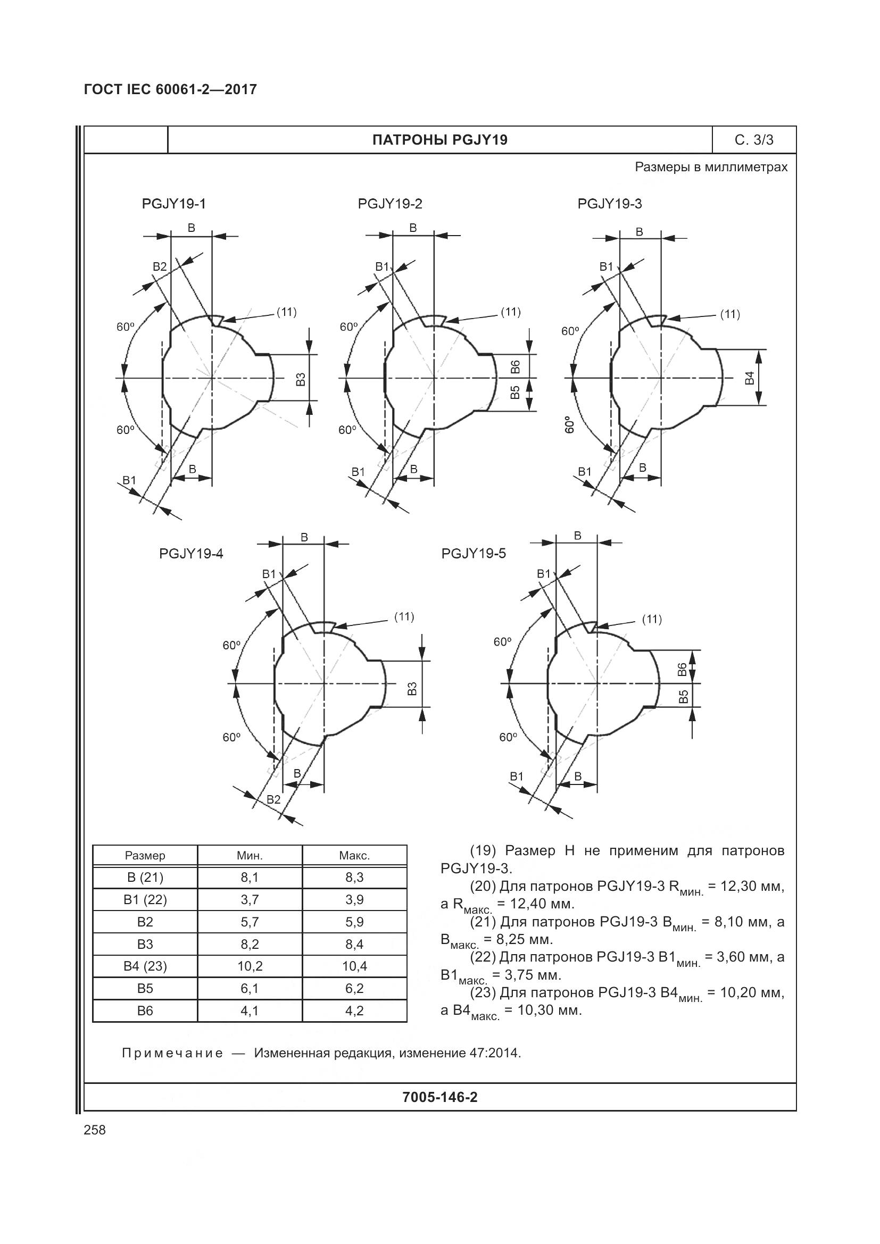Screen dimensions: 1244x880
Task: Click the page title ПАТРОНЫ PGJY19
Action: coord(439,140)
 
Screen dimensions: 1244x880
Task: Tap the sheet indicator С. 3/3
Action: coord(754,140)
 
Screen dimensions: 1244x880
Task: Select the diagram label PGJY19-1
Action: coord(173,204)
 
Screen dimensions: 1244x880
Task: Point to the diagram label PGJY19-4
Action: coord(191,554)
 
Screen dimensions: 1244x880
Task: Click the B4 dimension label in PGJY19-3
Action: coord(750,378)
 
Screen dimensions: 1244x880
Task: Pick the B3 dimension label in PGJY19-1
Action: coord(301,379)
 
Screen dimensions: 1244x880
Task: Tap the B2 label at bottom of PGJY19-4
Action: coord(273,799)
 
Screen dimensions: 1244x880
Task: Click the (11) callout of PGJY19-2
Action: coord(510,312)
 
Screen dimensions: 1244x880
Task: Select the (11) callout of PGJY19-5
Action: coord(651,619)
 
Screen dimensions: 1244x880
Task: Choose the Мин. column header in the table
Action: coord(250,856)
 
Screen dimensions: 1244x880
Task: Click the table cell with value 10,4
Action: coord(354,966)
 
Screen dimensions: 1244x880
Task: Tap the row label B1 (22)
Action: coord(145,900)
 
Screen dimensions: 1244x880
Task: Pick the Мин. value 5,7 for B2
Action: coord(250,922)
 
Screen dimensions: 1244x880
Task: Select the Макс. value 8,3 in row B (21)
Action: coord(354,878)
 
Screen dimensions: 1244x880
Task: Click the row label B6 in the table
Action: coord(145,1011)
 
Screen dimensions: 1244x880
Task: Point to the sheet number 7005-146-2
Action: coord(439,1097)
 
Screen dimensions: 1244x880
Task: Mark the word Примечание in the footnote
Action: coord(172,1053)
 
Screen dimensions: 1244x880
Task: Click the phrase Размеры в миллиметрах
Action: coord(711,167)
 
